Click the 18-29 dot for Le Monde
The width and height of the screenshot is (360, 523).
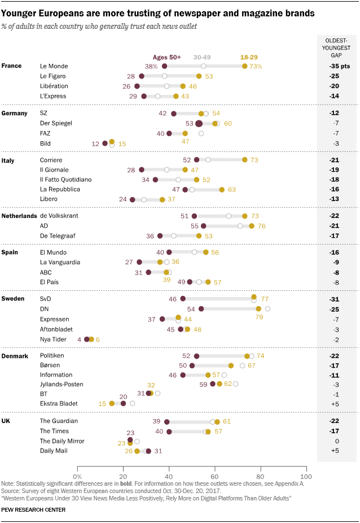[244, 66]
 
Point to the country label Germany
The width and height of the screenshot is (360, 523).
[15, 113]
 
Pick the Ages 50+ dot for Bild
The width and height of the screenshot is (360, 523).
[105, 143]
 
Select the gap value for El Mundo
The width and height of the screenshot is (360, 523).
[337, 252]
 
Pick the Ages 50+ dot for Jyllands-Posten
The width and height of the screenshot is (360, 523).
[213, 384]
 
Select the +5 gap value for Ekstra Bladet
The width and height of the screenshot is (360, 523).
[337, 403]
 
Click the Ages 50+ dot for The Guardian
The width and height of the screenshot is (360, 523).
[167, 421]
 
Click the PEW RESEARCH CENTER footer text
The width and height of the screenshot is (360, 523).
[33, 510]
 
